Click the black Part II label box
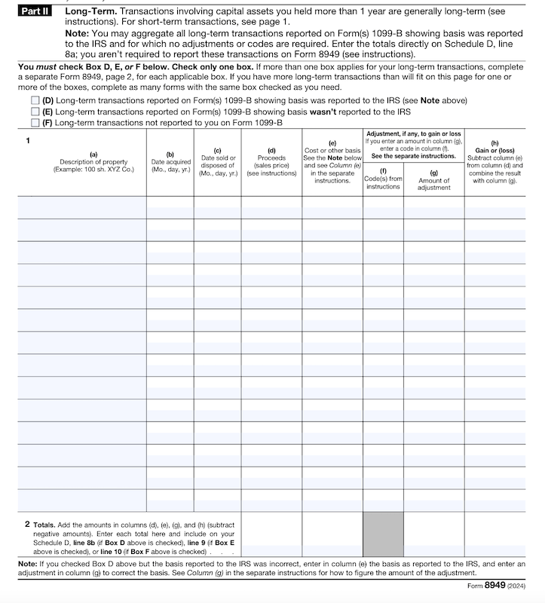coord(35,12)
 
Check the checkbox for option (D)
coord(35,100)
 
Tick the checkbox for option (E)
coord(35,112)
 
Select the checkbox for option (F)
coord(35,122)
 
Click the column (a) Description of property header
coord(93,162)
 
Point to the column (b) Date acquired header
coord(170,162)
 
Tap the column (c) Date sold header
coord(218,162)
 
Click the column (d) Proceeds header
coord(271,162)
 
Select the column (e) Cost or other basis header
coord(332,162)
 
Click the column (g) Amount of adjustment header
coord(433,181)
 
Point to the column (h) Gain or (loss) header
coord(494,162)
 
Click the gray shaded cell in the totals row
coord(383,534)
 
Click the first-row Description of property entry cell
coord(82,207)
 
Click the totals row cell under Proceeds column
coord(271,534)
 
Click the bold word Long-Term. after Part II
coord(85,12)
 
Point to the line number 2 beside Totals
coord(27,523)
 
